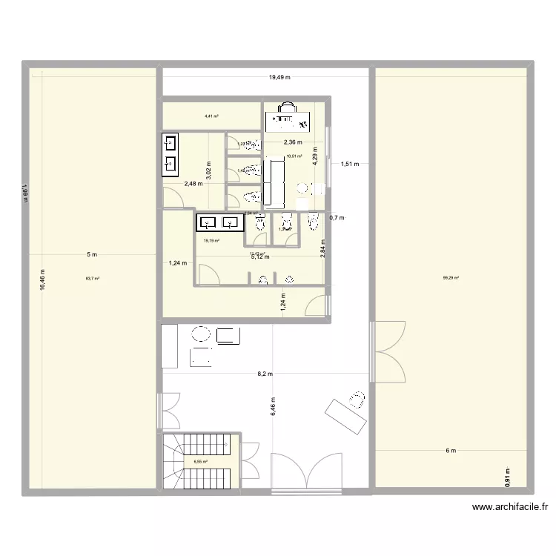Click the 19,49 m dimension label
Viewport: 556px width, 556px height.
coord(279,77)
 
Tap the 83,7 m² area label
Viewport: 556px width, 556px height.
coord(92,279)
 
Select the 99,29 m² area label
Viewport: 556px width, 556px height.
coord(451,279)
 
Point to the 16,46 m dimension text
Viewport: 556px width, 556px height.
coord(43,280)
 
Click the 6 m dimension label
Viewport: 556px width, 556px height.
coord(451,450)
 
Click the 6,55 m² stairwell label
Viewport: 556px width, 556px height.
coord(200,462)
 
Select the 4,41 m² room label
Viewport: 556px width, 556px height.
coord(211,116)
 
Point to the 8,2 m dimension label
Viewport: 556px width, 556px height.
coord(265,374)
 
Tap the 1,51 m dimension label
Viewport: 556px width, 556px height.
coord(350,165)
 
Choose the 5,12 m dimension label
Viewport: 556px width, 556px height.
coord(259,257)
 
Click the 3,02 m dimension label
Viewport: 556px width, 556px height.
coord(209,171)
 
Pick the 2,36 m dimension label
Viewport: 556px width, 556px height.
coord(293,142)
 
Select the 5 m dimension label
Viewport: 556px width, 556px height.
coord(92,255)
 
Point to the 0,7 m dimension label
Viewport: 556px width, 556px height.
coord(337,217)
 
